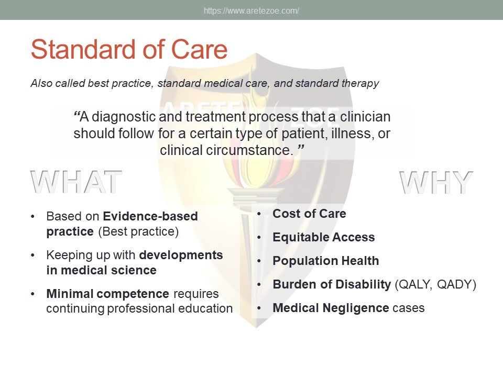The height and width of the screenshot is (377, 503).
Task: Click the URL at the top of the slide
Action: pyautogui.click(x=251, y=10)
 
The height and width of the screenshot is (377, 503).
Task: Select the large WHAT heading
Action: pyautogui.click(x=76, y=182)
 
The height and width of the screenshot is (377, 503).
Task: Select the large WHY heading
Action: pyautogui.click(x=436, y=182)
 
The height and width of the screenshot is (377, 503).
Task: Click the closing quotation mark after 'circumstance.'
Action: pyautogui.click(x=301, y=148)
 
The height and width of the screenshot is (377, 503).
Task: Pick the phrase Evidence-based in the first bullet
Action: pyautogui.click(x=150, y=216)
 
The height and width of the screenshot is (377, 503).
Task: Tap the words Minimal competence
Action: pyautogui.click(x=107, y=294)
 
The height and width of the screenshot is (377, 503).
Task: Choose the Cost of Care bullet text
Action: pyautogui.click(x=309, y=214)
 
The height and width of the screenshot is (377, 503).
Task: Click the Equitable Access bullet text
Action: pyautogui.click(x=324, y=237)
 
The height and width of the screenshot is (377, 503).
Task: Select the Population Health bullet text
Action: pyautogui.click(x=325, y=261)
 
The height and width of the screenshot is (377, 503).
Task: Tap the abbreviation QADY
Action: pyautogui.click(x=454, y=285)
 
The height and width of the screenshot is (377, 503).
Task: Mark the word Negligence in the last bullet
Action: pyautogui.click(x=356, y=308)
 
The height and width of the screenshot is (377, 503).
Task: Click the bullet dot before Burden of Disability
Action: pyautogui.click(x=259, y=285)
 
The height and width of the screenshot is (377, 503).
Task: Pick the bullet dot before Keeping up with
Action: pyautogui.click(x=32, y=256)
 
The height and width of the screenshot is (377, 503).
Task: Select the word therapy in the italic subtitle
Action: pyautogui.click(x=360, y=84)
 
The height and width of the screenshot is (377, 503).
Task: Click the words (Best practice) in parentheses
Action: pyautogui.click(x=138, y=231)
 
